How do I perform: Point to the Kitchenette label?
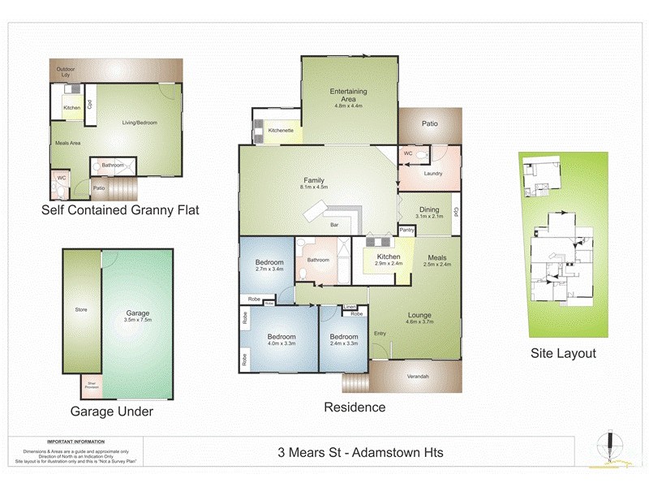281,130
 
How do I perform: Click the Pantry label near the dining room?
408,230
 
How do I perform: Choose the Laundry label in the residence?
432,173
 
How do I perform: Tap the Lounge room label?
419,315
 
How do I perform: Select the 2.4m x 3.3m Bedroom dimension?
344,343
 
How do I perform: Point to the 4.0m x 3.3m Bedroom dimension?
282,343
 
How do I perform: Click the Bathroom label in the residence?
318,260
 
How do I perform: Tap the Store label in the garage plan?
81,309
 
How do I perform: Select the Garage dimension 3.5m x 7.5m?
137,320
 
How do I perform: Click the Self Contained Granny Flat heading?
120,210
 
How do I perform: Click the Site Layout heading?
563,353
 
